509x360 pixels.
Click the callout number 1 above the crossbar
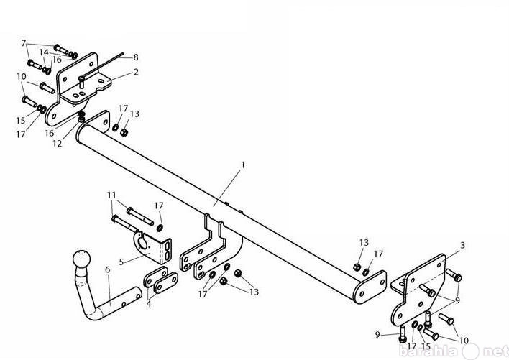pos(243,165)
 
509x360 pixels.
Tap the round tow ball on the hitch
pos(81,259)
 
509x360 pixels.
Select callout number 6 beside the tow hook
pos(107,269)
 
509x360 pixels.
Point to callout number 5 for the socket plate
pos(121,262)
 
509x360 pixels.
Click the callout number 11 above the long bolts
pos(111,195)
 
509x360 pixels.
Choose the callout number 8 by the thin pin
pos(136,57)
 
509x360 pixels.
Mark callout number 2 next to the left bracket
pos(136,72)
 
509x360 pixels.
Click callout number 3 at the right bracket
pos(462,245)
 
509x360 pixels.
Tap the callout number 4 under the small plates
pos(149,304)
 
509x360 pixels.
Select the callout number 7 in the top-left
pos(24,43)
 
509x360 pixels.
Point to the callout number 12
pos(57,143)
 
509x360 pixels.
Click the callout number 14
pos(44,52)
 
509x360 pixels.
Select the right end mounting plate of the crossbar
pos(370,287)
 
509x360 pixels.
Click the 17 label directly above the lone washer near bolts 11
pos(159,206)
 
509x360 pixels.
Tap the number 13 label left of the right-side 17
pos(364,243)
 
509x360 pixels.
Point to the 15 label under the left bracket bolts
pos(20,120)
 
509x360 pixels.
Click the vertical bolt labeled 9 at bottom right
pos(403,333)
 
